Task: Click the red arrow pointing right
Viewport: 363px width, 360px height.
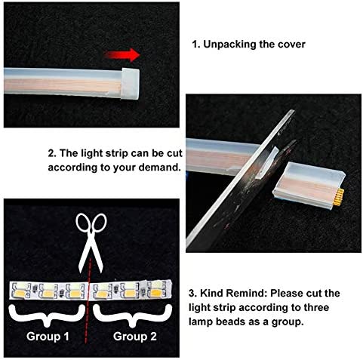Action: [x=122, y=55]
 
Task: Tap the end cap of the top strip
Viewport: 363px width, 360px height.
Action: [x=130, y=84]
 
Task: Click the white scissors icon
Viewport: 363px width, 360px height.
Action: [x=91, y=243]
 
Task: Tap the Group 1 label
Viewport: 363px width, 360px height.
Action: [x=48, y=337]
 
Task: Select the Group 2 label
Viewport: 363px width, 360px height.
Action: [x=135, y=337]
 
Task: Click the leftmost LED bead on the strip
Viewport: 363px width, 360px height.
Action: [x=20, y=291]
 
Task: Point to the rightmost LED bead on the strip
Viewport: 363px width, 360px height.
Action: [x=156, y=289]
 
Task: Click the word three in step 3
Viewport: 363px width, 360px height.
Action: [x=316, y=307]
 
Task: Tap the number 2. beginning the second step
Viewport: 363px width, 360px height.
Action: [x=52, y=153]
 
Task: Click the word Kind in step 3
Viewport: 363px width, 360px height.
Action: [x=211, y=294]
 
